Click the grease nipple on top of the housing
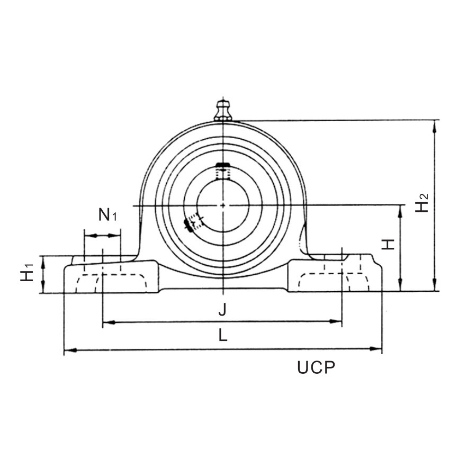click(223, 109)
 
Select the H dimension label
click(389, 244)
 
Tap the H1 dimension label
click(27, 273)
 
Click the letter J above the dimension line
click(223, 310)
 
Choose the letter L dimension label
click(223, 336)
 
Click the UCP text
click(316, 368)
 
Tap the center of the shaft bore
click(223, 205)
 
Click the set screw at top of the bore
click(223, 170)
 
